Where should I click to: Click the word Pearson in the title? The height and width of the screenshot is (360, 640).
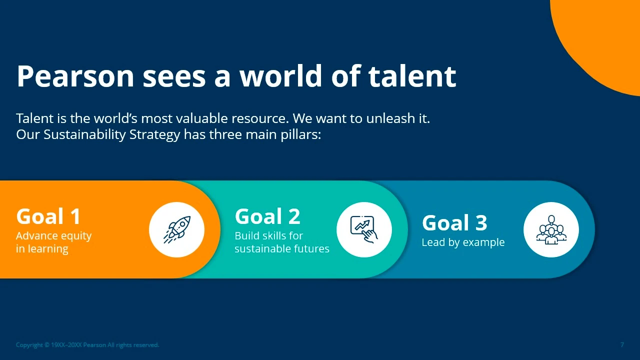(75, 76)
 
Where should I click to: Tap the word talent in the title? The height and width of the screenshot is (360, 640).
(412, 76)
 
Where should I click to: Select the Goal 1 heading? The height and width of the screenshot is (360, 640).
(48, 216)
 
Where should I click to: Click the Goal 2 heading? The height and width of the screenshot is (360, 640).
(267, 216)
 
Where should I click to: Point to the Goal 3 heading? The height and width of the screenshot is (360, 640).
(454, 223)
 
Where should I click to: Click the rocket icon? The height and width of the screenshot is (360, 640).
(177, 229)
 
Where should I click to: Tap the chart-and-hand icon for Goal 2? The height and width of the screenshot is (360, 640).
(364, 229)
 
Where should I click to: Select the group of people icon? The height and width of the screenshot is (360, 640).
(551, 230)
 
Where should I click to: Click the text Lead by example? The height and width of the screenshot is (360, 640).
(463, 242)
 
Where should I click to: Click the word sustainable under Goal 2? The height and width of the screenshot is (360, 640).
(261, 249)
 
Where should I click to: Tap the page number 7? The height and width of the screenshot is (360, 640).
(622, 345)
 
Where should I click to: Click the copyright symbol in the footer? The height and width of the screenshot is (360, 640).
(47, 345)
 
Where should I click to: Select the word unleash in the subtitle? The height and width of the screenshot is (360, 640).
(390, 118)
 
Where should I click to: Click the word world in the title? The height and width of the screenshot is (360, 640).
(281, 76)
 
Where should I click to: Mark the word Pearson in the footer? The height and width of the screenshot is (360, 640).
(94, 345)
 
